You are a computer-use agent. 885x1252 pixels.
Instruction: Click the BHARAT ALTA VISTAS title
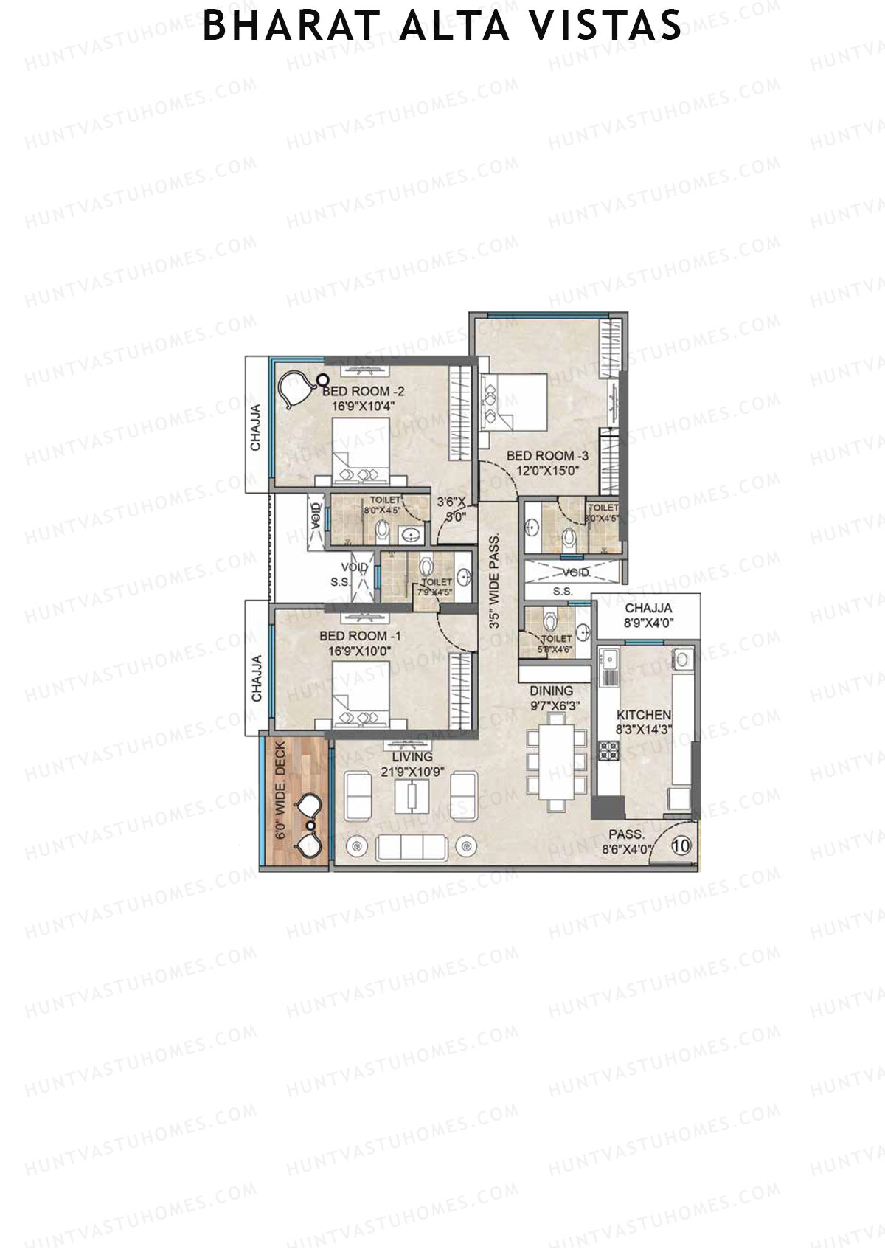(442, 26)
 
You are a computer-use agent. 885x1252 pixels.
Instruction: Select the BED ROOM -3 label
(547, 456)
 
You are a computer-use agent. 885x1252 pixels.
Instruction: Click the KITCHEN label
(644, 715)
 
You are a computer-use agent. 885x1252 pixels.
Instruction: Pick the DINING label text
(551, 691)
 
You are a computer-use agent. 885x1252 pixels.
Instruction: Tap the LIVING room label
(412, 757)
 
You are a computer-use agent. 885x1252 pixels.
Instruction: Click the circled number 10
(681, 846)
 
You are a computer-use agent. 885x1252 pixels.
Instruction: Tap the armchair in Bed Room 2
(296, 388)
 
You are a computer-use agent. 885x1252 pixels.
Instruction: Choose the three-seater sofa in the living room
(412, 848)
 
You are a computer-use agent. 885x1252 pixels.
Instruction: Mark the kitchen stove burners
(609, 751)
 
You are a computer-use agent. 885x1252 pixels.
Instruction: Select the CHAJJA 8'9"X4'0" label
(648, 615)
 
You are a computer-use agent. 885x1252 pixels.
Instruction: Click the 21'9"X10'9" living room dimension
(412, 772)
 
